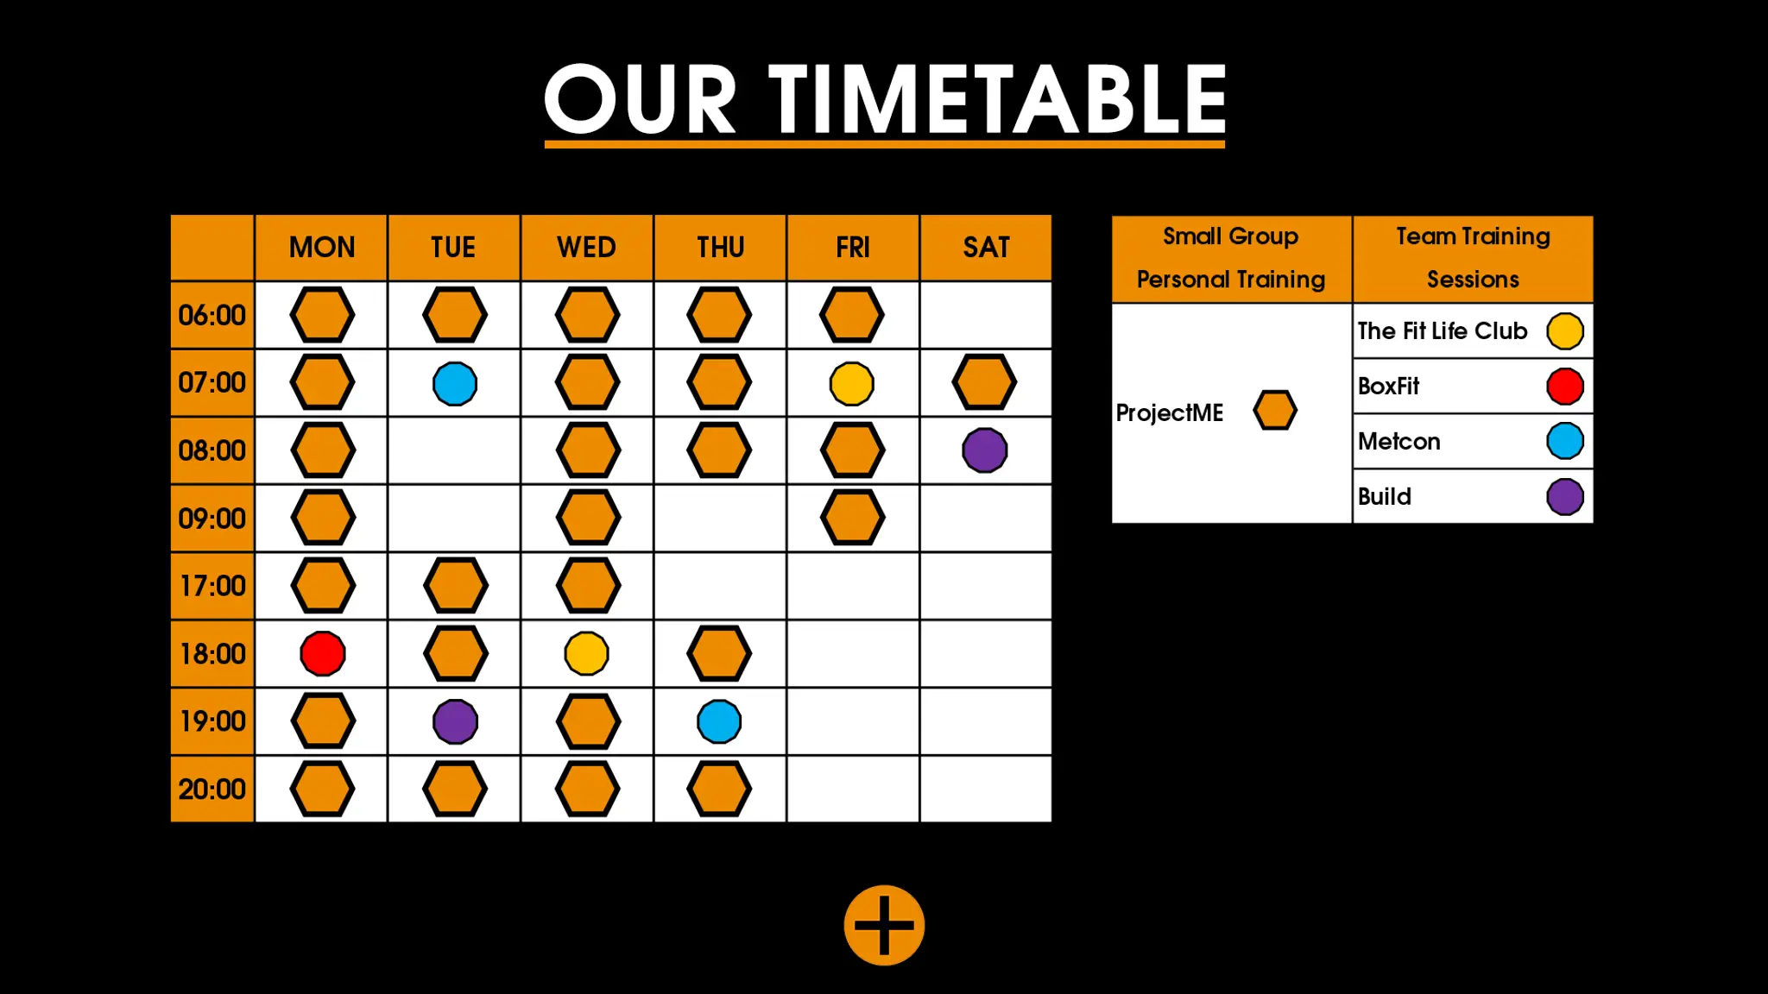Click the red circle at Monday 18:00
point(323,653)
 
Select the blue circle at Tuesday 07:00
point(455,383)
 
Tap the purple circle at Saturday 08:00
point(985,450)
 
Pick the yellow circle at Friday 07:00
point(852,383)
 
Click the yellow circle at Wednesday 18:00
point(587,653)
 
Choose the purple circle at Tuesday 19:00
point(455,721)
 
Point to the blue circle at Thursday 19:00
point(719,721)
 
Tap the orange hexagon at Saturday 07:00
point(984,382)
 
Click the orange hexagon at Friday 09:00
point(853,518)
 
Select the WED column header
point(587,248)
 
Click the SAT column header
point(986,248)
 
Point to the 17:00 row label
point(212,586)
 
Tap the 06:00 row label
point(212,315)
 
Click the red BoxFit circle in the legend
point(1565,386)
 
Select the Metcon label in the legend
point(1399,441)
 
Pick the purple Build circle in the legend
point(1565,496)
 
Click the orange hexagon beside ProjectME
point(1275,410)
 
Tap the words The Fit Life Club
point(1443,330)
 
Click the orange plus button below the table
point(884,925)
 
